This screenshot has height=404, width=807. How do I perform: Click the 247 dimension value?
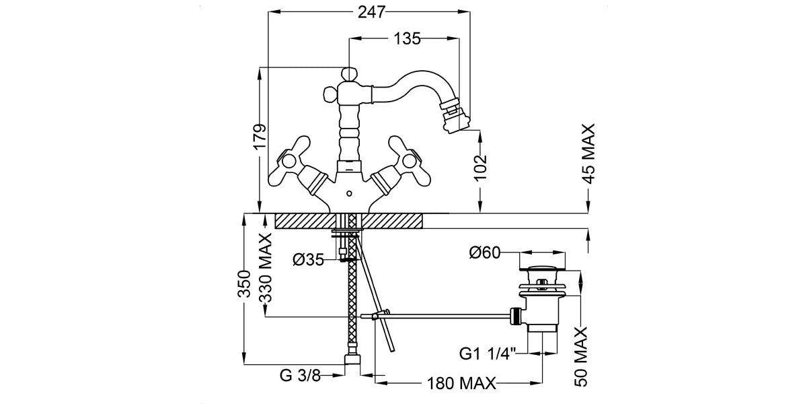(371, 12)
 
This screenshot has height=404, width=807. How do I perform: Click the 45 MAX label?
(588, 153)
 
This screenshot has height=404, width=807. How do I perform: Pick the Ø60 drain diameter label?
(485, 253)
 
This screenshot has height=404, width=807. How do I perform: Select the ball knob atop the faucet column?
(350, 73)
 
